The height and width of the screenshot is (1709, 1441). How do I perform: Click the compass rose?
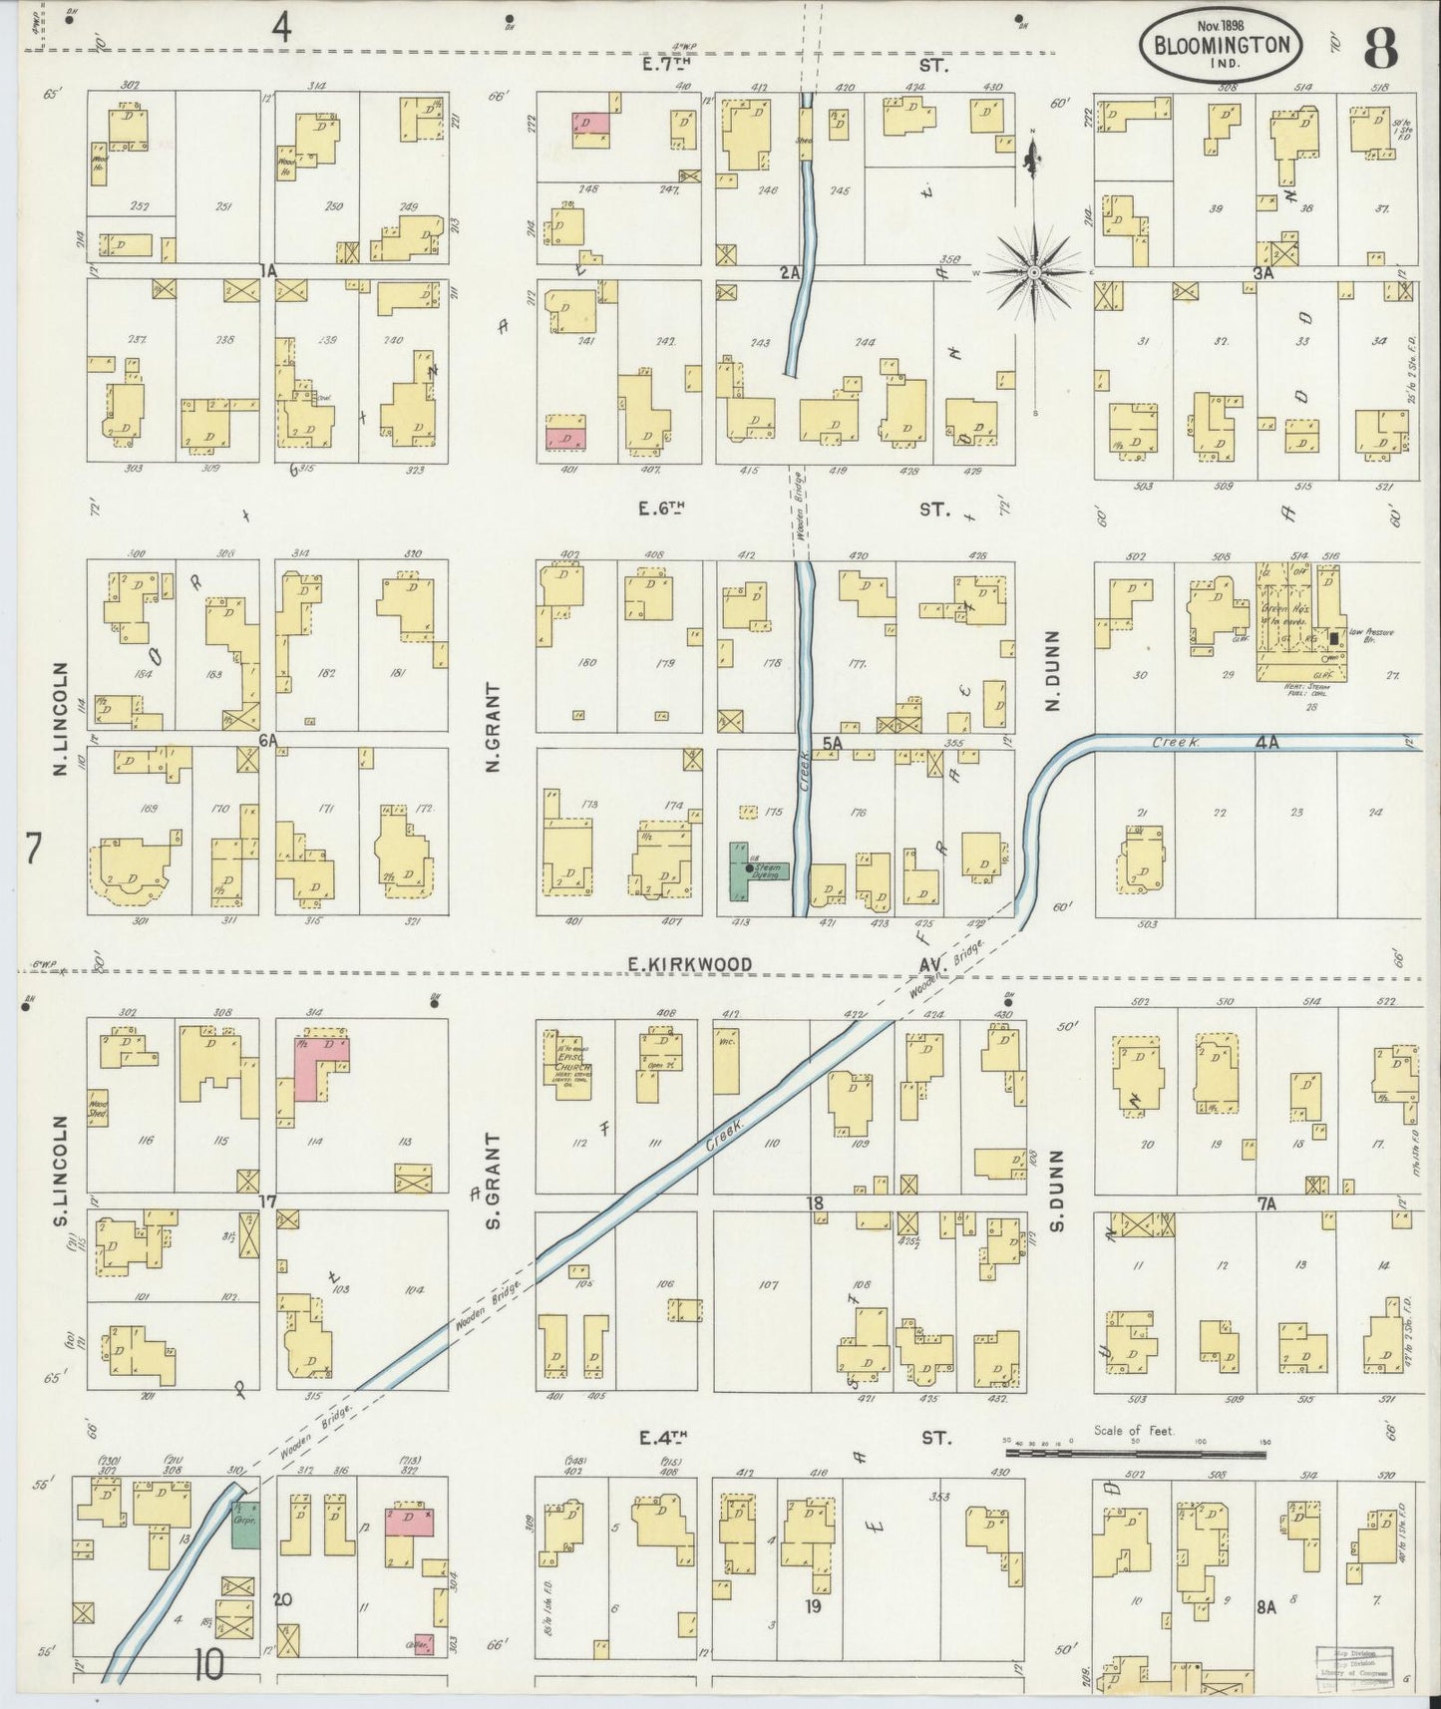1034,271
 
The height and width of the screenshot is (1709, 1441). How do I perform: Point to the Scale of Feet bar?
1135,1454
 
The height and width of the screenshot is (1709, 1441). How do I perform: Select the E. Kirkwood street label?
690,964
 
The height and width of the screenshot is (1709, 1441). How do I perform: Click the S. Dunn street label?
1058,1190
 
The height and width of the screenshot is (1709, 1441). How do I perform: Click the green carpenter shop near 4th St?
245,1526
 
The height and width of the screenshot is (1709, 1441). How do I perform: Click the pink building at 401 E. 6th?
565,437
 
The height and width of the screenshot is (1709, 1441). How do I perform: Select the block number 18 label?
815,1204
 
